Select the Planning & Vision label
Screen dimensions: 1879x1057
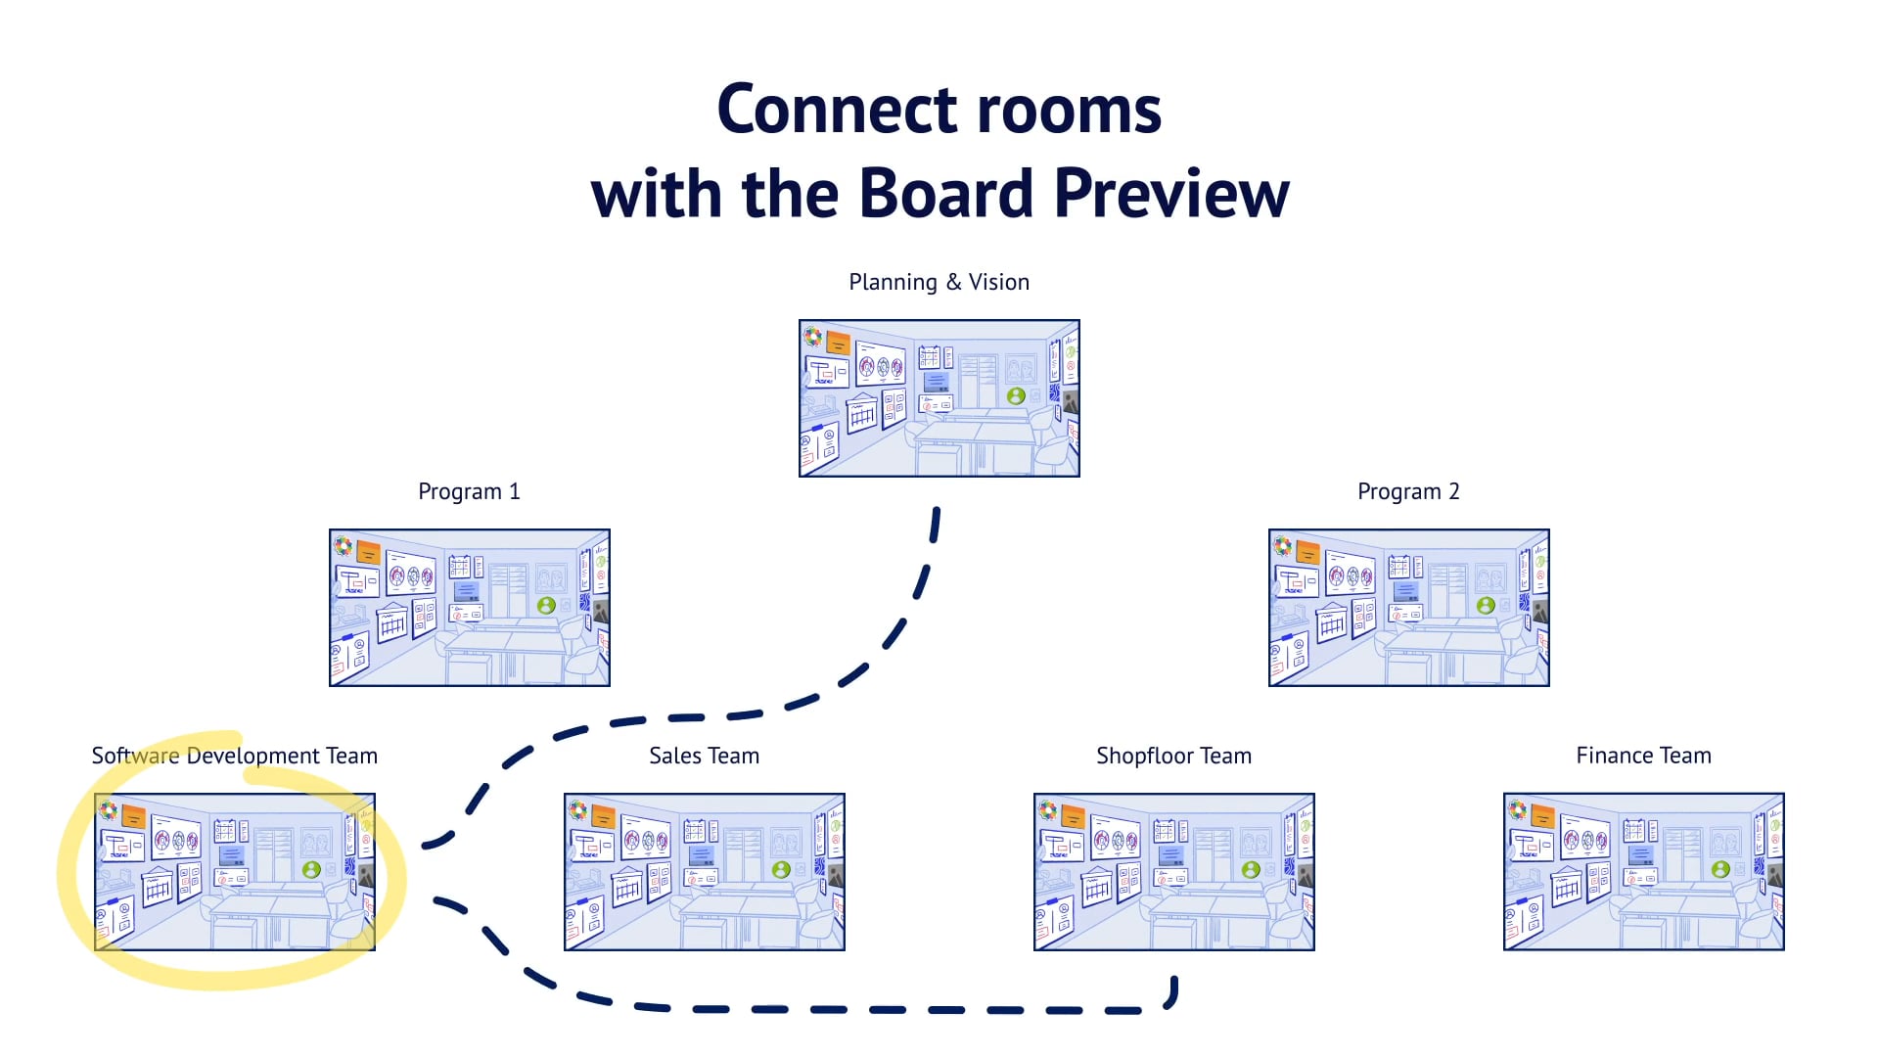[939, 282]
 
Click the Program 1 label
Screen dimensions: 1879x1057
[469, 491]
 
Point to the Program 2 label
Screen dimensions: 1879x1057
[1408, 491]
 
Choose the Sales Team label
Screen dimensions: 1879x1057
[704, 756]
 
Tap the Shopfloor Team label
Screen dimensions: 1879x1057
[1173, 756]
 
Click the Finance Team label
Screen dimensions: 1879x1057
[1643, 756]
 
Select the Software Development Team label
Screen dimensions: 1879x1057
[234, 756]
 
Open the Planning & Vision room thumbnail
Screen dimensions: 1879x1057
[939, 398]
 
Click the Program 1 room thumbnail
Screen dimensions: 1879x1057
[470, 608]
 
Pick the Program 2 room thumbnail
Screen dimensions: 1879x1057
[1409, 608]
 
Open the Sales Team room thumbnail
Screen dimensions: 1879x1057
[705, 872]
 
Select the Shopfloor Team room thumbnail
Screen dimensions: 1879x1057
[1174, 872]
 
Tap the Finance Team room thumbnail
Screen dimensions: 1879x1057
[1644, 872]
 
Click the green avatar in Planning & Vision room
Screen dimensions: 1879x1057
[1016, 396]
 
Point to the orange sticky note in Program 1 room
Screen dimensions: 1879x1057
[369, 552]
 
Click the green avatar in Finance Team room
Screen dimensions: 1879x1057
[1720, 869]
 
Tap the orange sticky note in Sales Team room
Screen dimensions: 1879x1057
[604, 816]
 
